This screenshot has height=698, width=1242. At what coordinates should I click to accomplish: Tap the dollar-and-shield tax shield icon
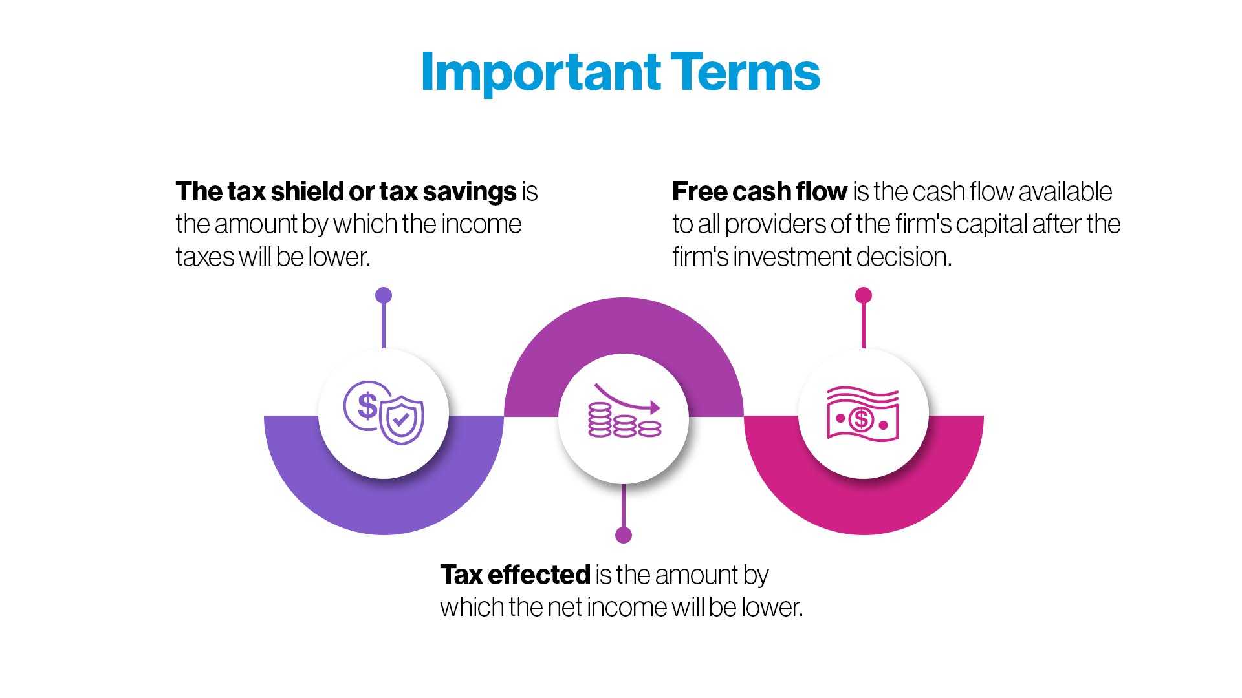point(384,412)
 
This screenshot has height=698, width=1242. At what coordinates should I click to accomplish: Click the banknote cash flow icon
point(863,414)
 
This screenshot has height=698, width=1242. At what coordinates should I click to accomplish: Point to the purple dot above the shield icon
point(384,295)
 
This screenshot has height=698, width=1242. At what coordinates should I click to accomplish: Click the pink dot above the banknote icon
point(864,295)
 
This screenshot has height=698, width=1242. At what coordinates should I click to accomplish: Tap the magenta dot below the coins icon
point(624,535)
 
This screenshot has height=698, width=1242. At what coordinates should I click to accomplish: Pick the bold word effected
point(539,575)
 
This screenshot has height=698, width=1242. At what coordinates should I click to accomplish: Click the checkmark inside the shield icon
point(401,421)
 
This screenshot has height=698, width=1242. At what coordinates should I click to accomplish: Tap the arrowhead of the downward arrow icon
point(655,407)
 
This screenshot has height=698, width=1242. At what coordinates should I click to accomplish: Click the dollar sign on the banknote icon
point(862,419)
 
